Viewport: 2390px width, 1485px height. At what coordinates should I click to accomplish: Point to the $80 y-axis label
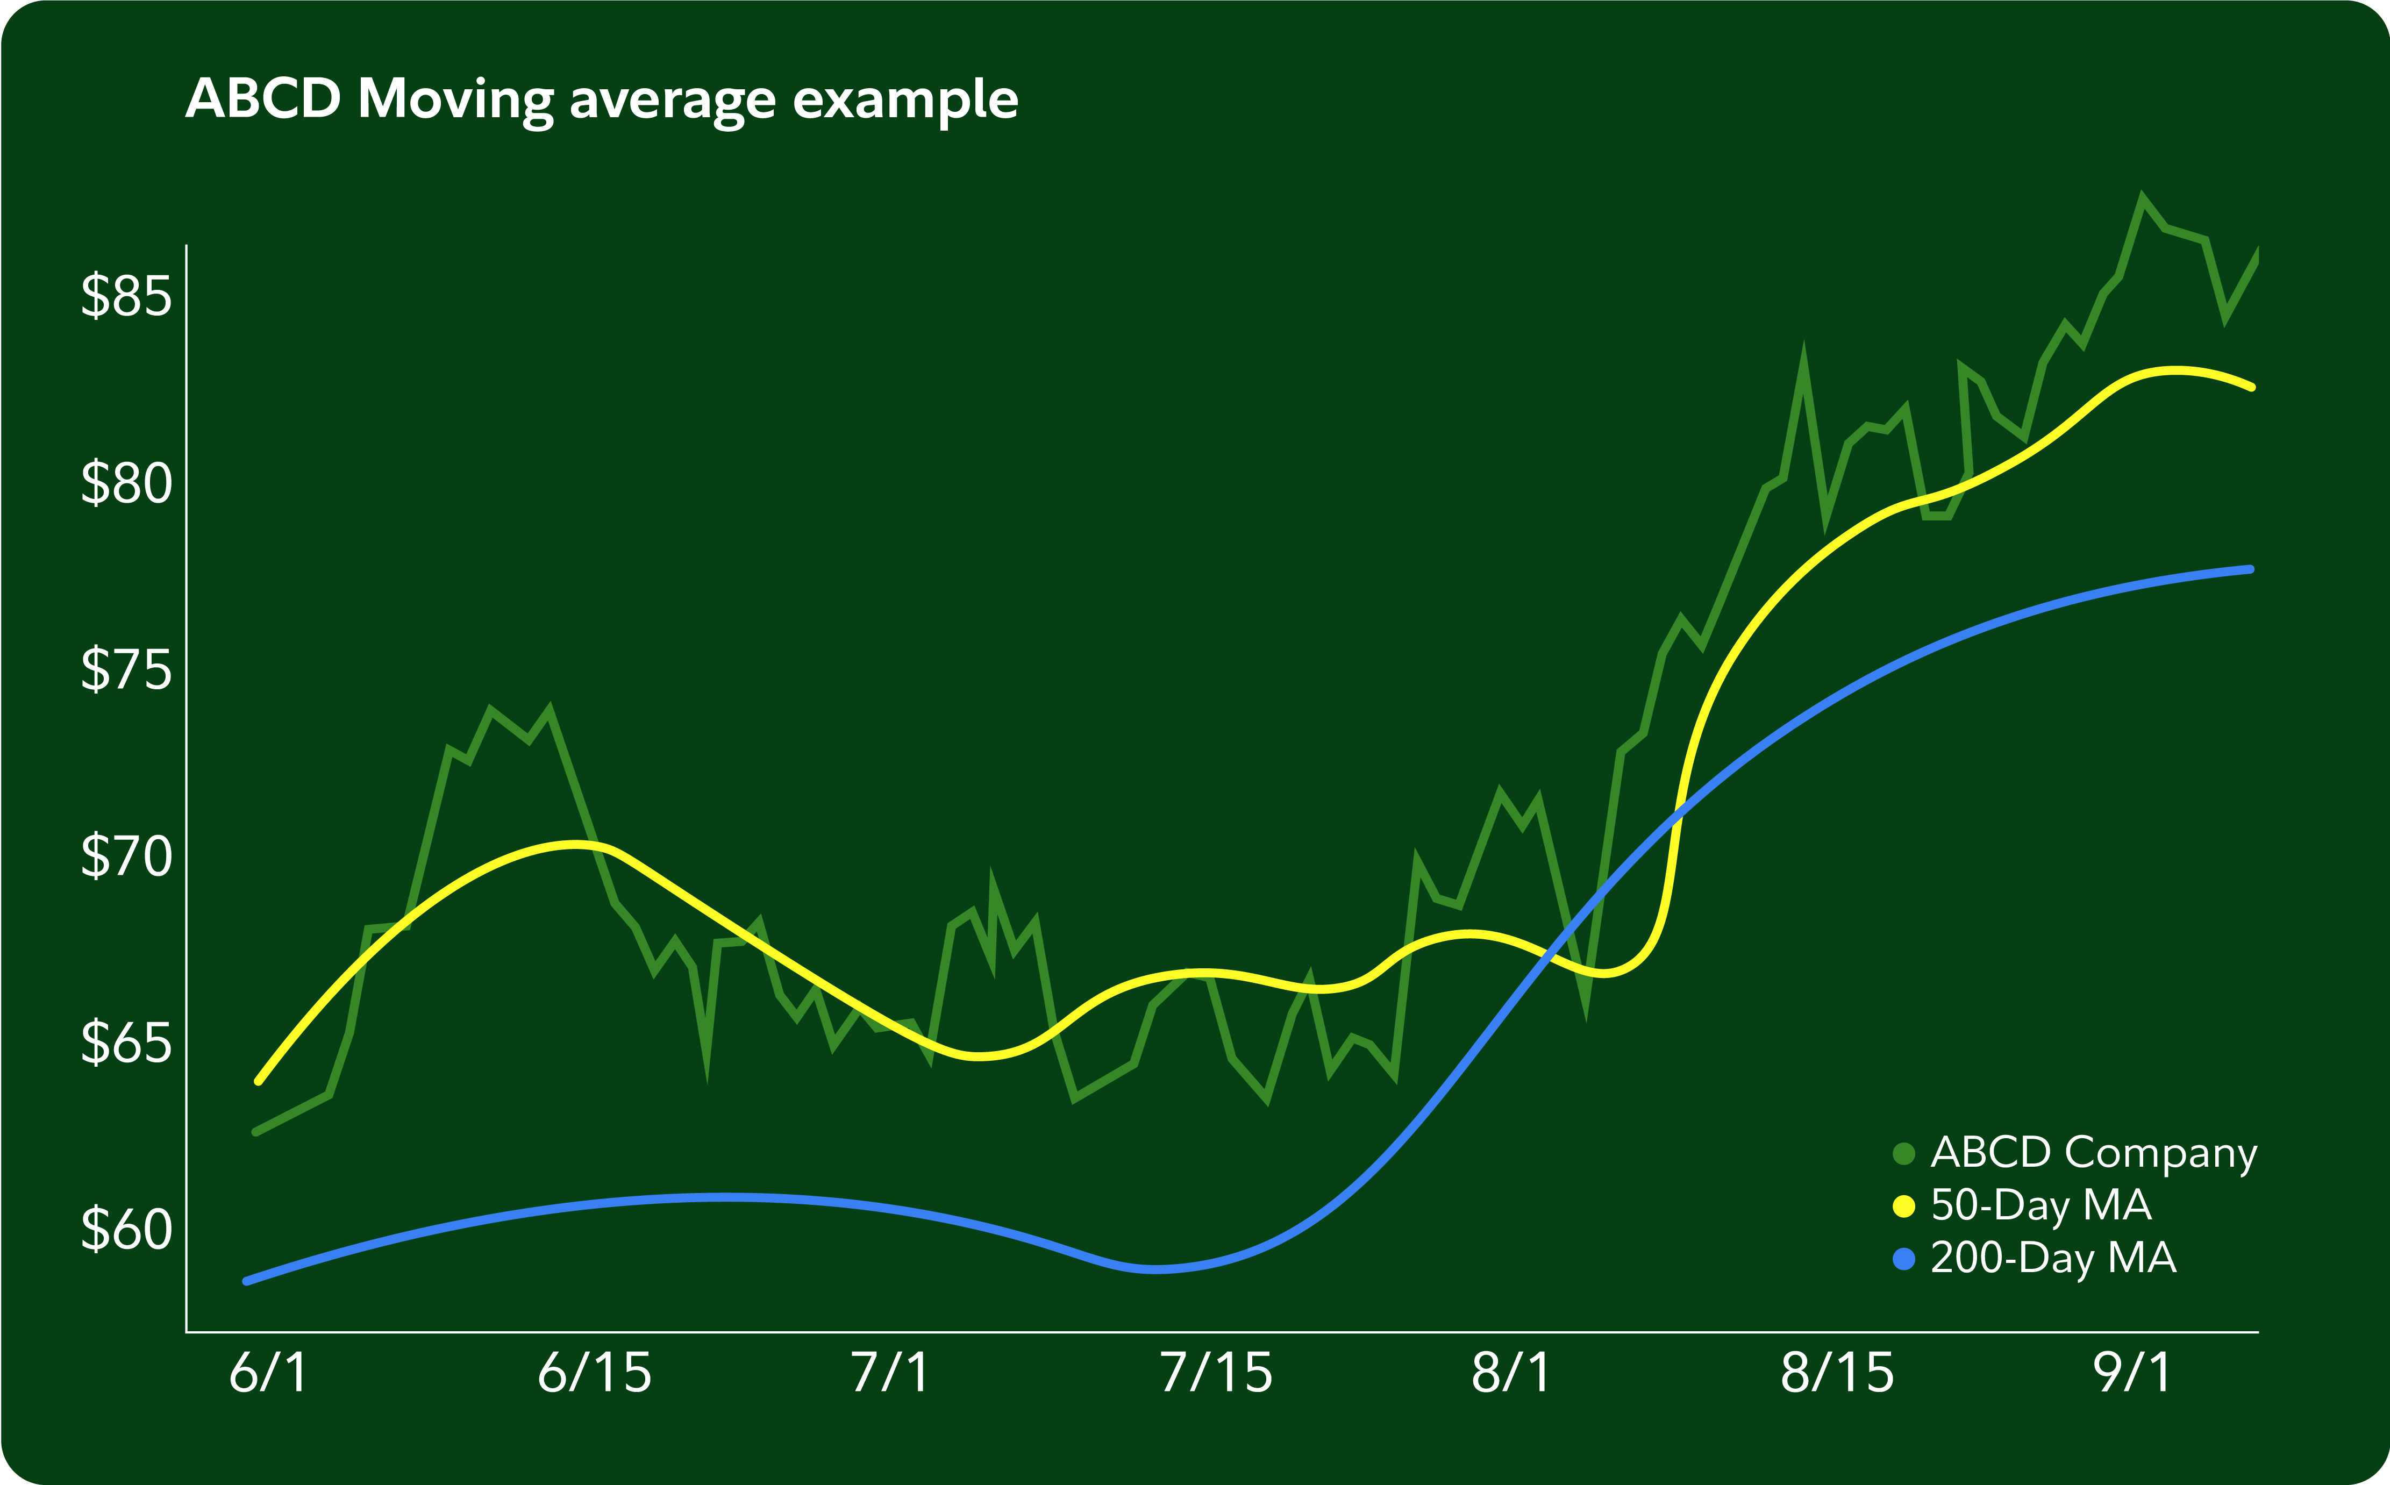126,483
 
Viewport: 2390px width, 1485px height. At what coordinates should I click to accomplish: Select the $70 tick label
126,856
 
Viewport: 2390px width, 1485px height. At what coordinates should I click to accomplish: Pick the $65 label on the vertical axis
126,1043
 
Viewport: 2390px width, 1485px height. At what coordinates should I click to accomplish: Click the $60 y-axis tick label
126,1230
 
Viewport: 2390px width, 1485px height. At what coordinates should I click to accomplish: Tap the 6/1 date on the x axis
268,1373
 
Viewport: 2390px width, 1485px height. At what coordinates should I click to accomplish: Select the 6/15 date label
594,1373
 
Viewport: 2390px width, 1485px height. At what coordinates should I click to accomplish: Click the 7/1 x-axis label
890,1373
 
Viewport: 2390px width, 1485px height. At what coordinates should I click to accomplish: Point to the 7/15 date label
1216,1373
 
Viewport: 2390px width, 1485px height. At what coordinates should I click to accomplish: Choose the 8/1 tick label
1511,1373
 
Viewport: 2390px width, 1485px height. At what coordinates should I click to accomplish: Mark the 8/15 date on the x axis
1837,1373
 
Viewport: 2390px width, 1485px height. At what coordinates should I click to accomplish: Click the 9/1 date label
2133,1373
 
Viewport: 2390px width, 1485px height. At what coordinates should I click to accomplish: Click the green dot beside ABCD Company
1904,1154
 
